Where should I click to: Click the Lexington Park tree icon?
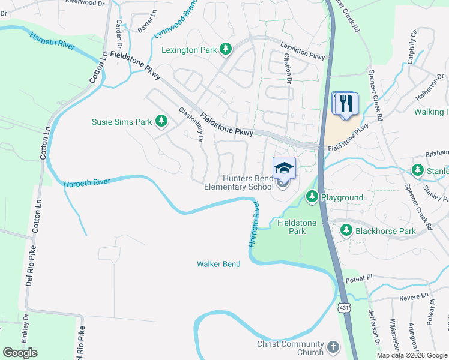pyautogui.click(x=225, y=49)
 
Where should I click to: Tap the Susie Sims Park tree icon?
pyautogui.click(x=161, y=121)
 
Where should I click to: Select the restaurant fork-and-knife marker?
pyautogui.click(x=345, y=103)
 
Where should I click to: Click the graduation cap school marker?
pyautogui.click(x=284, y=168)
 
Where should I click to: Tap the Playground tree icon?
pyautogui.click(x=312, y=197)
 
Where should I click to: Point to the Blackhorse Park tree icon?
pyautogui.click(x=346, y=230)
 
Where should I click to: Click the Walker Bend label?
pyautogui.click(x=218, y=264)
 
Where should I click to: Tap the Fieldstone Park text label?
pyautogui.click(x=292, y=226)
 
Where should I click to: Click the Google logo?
pyautogui.click(x=20, y=353)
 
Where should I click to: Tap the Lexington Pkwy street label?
pyautogui.click(x=303, y=52)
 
